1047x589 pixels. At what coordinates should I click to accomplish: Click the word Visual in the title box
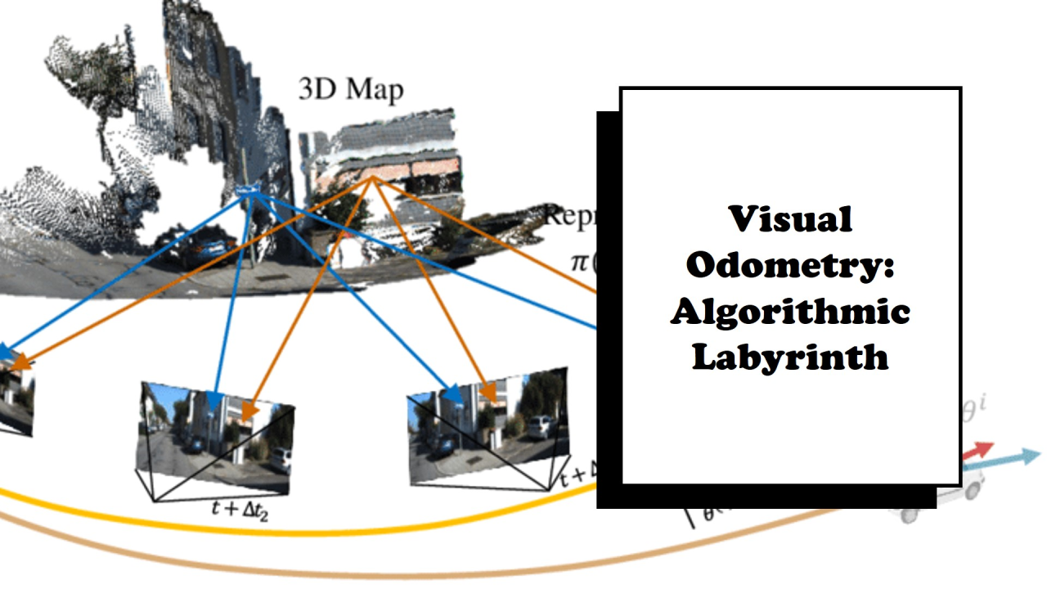point(790,219)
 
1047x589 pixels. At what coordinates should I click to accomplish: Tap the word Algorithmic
point(790,312)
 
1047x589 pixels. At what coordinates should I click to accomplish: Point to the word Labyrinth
point(790,357)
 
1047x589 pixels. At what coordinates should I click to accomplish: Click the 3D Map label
point(351,88)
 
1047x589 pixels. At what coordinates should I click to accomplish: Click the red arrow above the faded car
point(977,451)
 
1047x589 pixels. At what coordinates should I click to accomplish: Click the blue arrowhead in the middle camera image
point(213,402)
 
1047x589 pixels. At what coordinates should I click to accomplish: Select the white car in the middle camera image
point(280,459)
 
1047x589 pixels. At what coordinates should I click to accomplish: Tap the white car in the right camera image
point(540,426)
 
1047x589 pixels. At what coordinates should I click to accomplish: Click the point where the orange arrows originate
point(372,178)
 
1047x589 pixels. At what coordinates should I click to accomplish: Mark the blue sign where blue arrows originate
point(247,191)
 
